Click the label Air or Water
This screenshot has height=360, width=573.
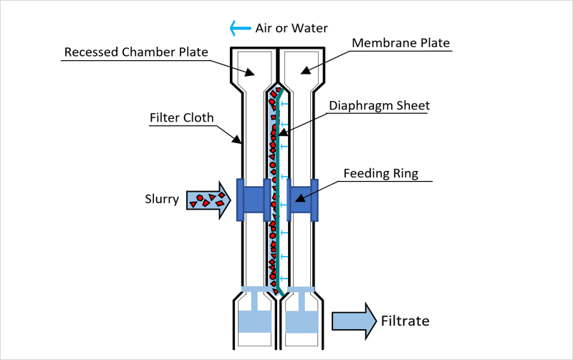(x=292, y=29)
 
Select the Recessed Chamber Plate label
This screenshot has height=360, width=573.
(x=135, y=52)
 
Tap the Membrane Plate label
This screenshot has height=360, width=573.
(x=401, y=43)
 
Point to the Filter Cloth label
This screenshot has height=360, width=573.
(x=182, y=117)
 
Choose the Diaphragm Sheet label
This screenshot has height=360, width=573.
(x=379, y=106)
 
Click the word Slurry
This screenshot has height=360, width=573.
(x=161, y=199)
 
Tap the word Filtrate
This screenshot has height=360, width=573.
(x=405, y=321)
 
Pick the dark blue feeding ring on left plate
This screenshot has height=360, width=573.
(x=254, y=199)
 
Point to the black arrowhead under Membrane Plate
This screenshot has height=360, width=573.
(x=305, y=69)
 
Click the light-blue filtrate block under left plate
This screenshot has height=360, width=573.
(x=253, y=321)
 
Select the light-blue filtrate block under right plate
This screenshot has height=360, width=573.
(x=302, y=321)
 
